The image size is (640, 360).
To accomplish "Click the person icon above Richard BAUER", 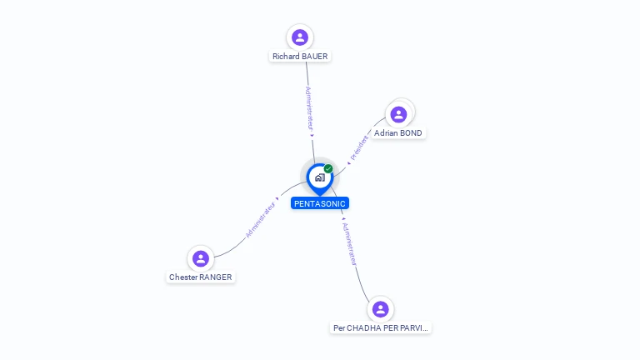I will [x=300, y=37].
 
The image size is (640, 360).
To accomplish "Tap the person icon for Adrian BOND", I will [x=398, y=114].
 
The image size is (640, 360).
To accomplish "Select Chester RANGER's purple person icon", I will [x=200, y=258].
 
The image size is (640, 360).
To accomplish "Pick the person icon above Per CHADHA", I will [x=381, y=309].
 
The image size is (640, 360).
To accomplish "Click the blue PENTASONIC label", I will [x=320, y=203].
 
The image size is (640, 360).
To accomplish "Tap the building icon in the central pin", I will [x=319, y=177].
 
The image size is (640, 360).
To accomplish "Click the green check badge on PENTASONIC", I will [x=328, y=169].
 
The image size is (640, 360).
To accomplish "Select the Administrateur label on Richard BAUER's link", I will [x=308, y=109].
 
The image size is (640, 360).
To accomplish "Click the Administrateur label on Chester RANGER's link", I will [x=261, y=220].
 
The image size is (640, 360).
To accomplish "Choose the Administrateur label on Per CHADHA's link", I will [x=351, y=243].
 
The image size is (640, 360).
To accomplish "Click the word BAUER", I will [x=315, y=57].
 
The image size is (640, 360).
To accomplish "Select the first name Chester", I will [x=183, y=277].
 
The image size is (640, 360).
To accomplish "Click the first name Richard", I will [x=286, y=57].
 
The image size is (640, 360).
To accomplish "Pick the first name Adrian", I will [x=386, y=133].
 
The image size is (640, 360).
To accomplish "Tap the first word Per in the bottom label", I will [x=339, y=328].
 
